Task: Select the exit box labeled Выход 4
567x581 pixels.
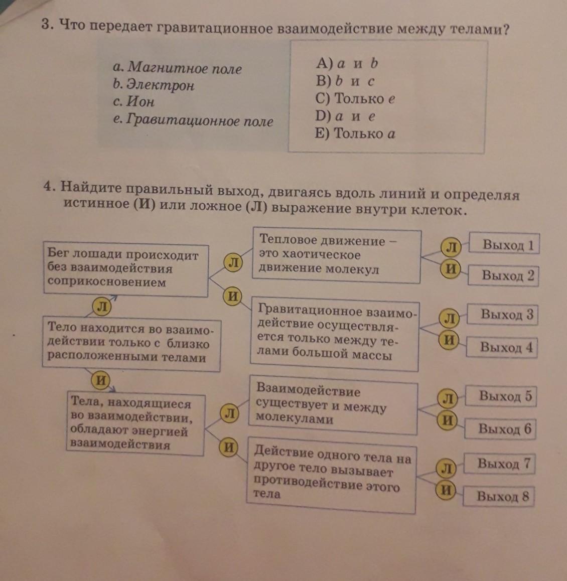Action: pos(502,347)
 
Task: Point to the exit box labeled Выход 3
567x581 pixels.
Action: pos(503,315)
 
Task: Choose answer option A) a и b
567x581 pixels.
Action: pos(347,63)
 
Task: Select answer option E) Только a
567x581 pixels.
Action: pos(355,133)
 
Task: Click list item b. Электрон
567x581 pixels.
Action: pos(154,84)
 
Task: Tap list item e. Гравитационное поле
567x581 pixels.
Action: pos(193,120)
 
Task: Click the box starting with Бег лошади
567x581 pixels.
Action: pos(125,269)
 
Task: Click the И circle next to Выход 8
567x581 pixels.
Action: pos(445,490)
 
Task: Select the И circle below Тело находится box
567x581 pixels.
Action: pos(101,380)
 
